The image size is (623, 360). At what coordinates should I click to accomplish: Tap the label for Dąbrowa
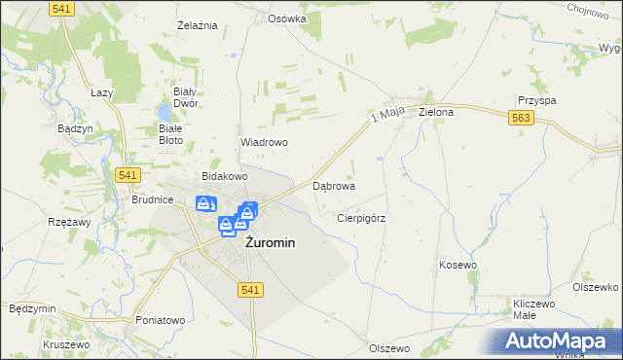click(334, 185)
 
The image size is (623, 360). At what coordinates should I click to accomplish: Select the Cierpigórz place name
click(361, 219)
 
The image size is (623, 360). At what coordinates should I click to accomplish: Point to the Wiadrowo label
click(264, 142)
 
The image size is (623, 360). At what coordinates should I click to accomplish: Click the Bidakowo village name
click(225, 176)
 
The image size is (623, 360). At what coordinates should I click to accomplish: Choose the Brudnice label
click(152, 199)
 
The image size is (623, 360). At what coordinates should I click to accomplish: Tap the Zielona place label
click(436, 112)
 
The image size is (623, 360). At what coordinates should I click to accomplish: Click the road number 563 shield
click(520, 118)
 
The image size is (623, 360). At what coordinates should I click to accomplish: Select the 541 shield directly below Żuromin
click(249, 290)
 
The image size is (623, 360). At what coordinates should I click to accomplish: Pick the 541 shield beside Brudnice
click(128, 175)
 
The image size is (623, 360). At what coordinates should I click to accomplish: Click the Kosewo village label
click(458, 265)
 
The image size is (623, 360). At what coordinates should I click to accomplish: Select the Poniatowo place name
click(161, 319)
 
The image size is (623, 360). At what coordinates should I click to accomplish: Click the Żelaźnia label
click(197, 24)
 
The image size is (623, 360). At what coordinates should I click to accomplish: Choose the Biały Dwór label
click(186, 96)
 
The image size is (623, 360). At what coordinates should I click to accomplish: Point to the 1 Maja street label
click(386, 117)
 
